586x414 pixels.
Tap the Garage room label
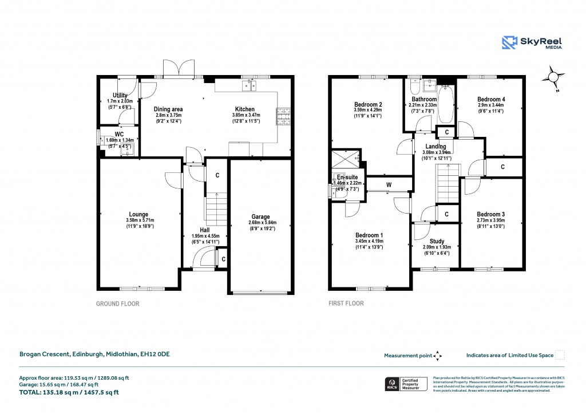(260, 217)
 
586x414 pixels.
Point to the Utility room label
(120, 95)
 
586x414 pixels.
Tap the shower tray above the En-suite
(346, 157)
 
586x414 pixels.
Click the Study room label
(436, 241)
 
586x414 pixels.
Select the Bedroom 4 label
(491, 99)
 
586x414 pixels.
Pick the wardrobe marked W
(389, 184)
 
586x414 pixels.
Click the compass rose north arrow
(553, 77)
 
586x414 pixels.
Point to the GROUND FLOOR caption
(117, 304)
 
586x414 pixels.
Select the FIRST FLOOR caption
(346, 304)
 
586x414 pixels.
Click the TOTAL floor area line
(73, 392)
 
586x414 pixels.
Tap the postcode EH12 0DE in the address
(156, 354)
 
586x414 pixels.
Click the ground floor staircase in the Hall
(216, 209)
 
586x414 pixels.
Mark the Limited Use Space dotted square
(560, 355)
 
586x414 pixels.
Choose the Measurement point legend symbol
(438, 356)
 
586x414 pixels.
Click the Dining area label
(168, 109)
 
